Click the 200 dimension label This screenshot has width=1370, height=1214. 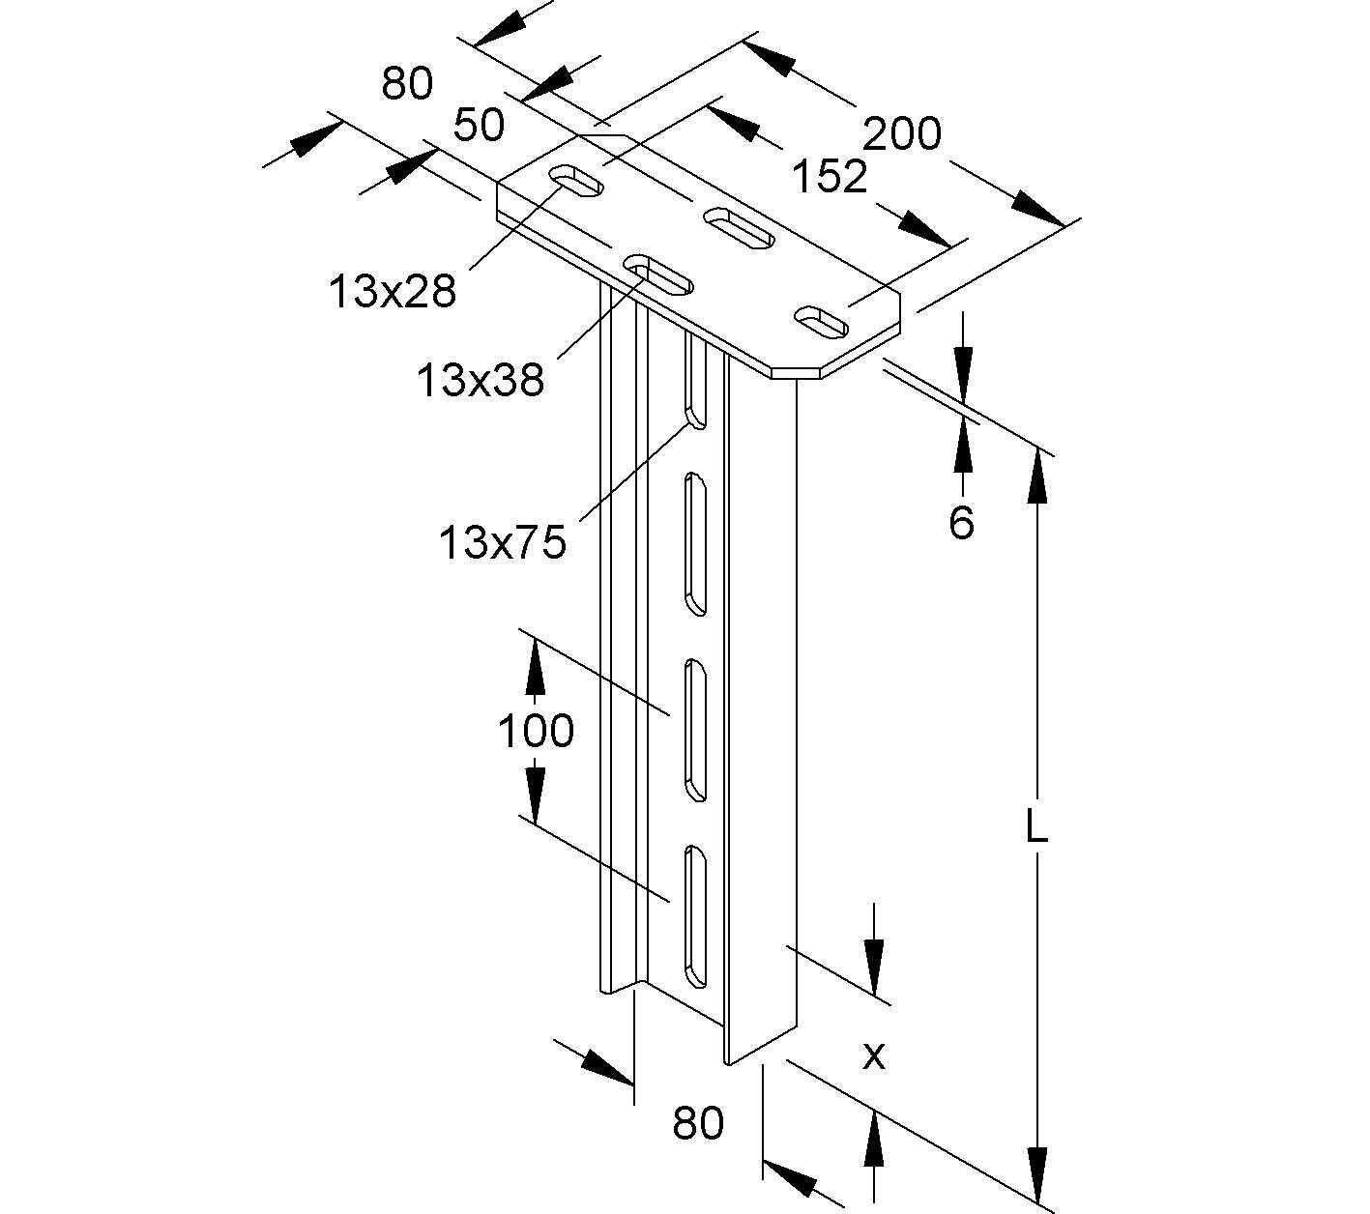pos(901,133)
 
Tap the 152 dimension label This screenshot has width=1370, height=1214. pos(829,177)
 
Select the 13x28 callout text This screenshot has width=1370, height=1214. pos(392,290)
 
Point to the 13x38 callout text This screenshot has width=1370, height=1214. pos(481,380)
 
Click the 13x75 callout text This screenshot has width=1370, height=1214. pos(502,543)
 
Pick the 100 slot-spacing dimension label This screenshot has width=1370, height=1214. pos(536,731)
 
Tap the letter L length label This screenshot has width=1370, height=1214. pos(1035,827)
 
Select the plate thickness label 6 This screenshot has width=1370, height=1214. pos(961,523)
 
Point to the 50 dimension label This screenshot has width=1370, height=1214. pos(479,126)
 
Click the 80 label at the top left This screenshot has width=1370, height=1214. pos(407,84)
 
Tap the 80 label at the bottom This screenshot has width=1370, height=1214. pos(698,1124)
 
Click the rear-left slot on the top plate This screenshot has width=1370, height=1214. pos(577,182)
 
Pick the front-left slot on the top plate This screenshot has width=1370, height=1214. pos(659,275)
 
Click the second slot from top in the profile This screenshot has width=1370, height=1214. pos(695,543)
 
